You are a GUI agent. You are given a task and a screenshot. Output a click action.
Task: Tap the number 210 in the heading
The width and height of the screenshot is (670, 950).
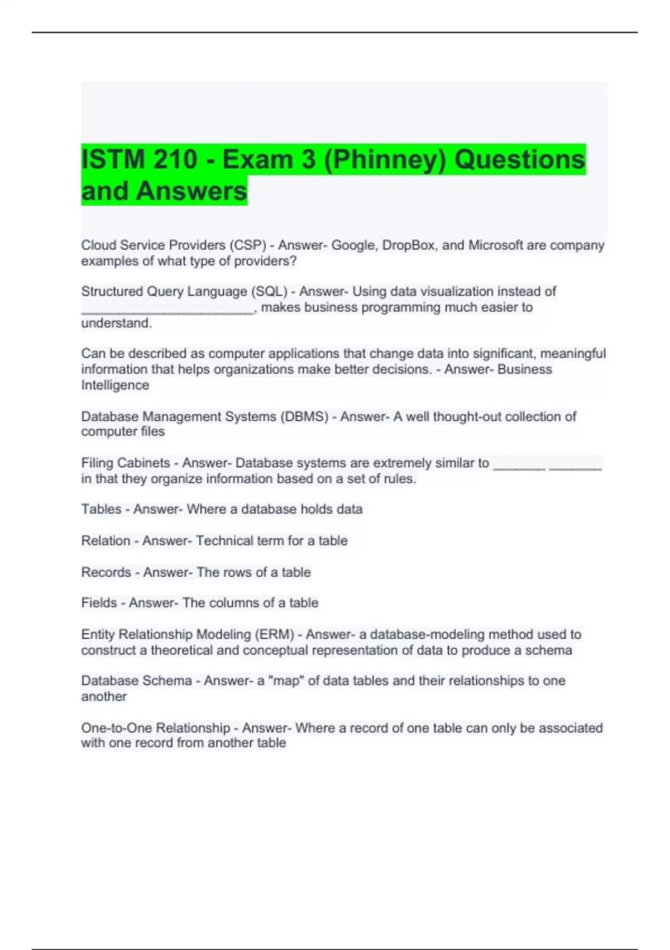click(174, 159)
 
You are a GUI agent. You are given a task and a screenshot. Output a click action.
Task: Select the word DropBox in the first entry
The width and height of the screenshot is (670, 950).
click(407, 245)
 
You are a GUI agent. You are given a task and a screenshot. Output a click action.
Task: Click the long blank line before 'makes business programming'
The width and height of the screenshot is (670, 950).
click(167, 308)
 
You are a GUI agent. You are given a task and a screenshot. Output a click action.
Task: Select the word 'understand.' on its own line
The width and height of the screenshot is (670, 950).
click(116, 323)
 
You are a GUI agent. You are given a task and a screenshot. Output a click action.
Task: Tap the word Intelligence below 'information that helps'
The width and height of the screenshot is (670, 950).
click(115, 385)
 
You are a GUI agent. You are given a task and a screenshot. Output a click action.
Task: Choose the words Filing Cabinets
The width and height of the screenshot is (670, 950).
click(125, 463)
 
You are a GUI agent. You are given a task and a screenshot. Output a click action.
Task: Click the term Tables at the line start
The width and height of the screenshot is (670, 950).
click(101, 509)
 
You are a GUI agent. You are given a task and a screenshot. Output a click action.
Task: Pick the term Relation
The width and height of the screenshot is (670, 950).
click(106, 540)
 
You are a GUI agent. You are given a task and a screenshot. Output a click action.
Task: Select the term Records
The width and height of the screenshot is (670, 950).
click(106, 572)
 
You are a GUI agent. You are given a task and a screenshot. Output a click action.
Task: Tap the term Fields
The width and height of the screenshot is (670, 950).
click(99, 603)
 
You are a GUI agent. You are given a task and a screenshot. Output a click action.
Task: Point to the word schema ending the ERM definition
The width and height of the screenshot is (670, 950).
click(553, 650)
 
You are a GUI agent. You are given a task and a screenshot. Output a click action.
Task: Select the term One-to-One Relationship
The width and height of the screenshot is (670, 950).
click(155, 728)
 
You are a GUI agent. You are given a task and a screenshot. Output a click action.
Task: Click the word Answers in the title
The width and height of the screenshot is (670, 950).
click(191, 191)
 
